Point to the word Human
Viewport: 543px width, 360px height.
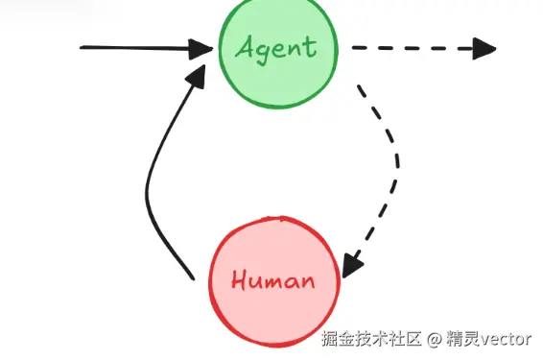[x=273, y=281]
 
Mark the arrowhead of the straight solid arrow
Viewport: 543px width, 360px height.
[x=201, y=47]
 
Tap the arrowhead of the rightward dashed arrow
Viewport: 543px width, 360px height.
[x=485, y=48]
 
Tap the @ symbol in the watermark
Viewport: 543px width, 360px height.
[x=434, y=339]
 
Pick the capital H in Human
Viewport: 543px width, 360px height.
[x=240, y=280]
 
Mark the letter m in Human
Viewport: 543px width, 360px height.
[x=278, y=282]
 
